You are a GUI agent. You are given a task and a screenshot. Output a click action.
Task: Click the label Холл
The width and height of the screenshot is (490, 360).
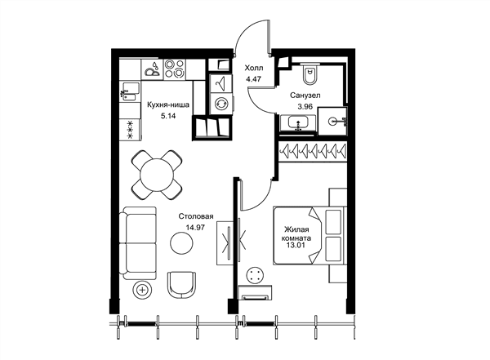point(254,68)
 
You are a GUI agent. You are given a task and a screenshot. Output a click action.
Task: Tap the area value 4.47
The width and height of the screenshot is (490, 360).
point(253,79)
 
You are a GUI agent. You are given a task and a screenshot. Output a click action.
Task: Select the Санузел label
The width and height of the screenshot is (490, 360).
point(305,96)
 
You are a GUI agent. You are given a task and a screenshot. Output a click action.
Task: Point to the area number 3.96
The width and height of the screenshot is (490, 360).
point(305,107)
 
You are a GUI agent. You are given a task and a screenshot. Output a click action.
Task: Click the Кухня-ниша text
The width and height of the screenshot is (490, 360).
point(168,104)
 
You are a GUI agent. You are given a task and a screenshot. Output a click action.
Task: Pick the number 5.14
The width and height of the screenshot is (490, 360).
point(168,116)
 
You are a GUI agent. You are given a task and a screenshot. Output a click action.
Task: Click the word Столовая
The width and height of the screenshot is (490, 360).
point(196,216)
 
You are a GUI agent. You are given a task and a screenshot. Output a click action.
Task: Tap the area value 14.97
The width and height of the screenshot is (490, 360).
point(195,228)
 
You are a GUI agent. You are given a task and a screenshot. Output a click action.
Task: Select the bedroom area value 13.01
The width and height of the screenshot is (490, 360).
point(296,246)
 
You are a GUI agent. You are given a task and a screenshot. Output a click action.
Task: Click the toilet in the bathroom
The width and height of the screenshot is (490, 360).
point(310,74)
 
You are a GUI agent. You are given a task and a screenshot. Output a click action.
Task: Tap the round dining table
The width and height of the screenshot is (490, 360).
point(157,175)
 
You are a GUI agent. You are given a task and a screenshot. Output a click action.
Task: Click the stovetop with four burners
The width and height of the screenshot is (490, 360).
point(174,69)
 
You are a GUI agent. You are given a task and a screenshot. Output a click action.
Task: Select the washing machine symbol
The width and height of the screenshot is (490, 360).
point(221,104)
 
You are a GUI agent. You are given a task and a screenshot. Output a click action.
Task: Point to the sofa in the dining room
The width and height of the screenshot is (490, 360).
point(138,243)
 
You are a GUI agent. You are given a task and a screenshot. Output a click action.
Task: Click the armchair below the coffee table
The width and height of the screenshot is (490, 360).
point(181,284)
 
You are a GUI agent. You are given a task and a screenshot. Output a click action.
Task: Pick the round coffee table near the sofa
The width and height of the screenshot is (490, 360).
point(181,242)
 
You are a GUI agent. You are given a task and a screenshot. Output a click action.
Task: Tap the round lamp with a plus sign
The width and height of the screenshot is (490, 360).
point(143,290)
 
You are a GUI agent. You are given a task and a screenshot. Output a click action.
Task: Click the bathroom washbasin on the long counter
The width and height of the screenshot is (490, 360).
point(297,122)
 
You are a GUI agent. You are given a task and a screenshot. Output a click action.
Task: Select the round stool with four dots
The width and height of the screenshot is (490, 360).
point(256,275)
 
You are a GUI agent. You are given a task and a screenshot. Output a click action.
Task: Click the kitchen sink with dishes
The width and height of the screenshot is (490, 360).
point(152,69)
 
